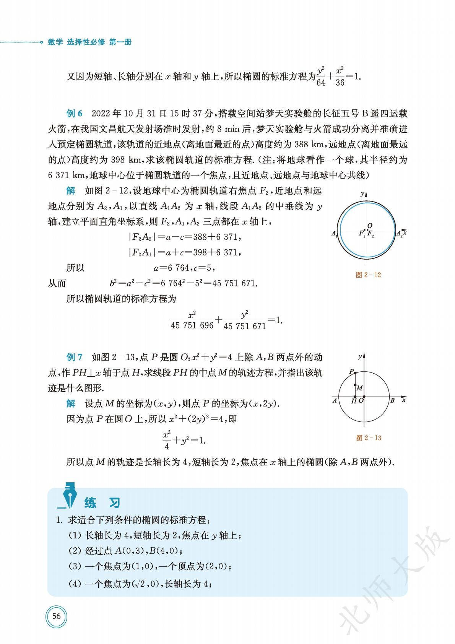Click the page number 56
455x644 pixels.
[56, 616]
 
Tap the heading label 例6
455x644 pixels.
[75, 114]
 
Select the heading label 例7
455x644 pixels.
[75, 357]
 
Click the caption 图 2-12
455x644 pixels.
[368, 275]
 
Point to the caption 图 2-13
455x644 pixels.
[369, 438]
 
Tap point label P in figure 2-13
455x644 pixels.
[351, 371]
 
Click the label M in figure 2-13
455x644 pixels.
[359, 388]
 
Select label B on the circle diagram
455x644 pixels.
[392, 400]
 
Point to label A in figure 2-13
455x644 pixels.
[335, 400]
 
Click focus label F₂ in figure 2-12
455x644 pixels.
[370, 234]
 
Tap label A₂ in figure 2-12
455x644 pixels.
[399, 233]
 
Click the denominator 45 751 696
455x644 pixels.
[192, 325]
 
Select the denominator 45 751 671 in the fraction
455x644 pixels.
[245, 326]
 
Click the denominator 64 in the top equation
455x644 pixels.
[321, 82]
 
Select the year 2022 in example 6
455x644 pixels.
[101, 114]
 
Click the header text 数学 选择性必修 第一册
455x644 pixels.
[89, 42]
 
